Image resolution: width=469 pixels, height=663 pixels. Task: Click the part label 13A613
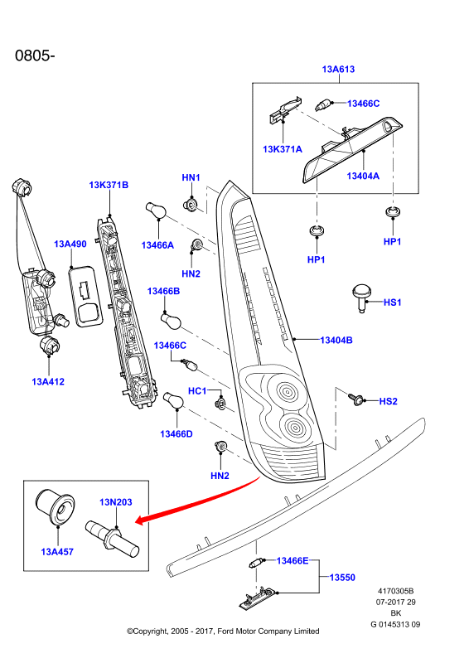click(338, 69)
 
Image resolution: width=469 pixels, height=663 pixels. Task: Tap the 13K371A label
click(283, 149)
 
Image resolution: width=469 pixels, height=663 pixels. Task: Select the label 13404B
click(336, 340)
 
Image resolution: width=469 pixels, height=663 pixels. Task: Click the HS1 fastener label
click(392, 302)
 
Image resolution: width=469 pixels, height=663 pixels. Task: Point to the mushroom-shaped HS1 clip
click(361, 298)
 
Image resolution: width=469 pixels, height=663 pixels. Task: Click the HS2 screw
click(355, 399)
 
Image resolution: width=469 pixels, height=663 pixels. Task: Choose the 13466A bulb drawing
click(155, 211)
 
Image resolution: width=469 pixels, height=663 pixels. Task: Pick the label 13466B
click(164, 291)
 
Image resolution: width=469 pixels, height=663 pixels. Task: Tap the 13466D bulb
click(173, 400)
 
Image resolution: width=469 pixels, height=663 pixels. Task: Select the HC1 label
click(197, 390)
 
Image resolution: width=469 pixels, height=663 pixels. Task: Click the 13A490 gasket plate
click(85, 297)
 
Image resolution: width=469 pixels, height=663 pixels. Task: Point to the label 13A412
click(48, 382)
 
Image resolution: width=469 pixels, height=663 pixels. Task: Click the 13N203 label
click(116, 502)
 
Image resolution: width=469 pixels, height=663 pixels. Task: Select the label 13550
click(342, 577)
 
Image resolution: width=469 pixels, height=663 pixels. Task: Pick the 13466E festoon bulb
click(256, 564)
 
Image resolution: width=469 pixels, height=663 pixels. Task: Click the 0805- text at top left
click(35, 56)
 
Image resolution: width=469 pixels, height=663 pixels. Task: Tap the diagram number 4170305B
click(396, 591)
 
